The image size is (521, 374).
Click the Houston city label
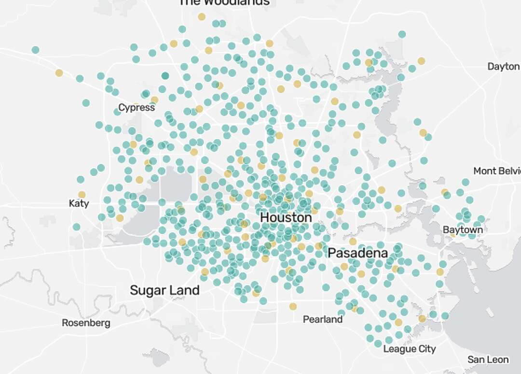[286, 218]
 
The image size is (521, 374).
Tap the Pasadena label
[357, 253]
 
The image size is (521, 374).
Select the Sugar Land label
[165, 290]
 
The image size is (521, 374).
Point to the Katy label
[79, 203]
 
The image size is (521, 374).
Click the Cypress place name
[137, 108]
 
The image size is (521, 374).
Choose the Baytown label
[463, 230]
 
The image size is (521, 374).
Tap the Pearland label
[323, 319]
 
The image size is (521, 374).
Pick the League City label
[410, 349]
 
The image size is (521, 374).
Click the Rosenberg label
[86, 323]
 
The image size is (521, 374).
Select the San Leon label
[488, 360]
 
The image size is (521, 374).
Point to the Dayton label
[503, 67]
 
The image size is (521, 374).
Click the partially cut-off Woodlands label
[224, 3]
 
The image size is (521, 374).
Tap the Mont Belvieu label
[497, 171]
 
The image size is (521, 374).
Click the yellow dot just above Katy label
[82, 195]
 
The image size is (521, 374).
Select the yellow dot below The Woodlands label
[202, 17]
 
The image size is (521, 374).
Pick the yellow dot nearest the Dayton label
[421, 61]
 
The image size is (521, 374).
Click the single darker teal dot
[165, 76]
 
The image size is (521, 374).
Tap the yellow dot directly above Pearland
[293, 306]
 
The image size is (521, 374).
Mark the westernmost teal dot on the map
[35, 50]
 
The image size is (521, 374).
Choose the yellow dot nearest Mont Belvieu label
[444, 192]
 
